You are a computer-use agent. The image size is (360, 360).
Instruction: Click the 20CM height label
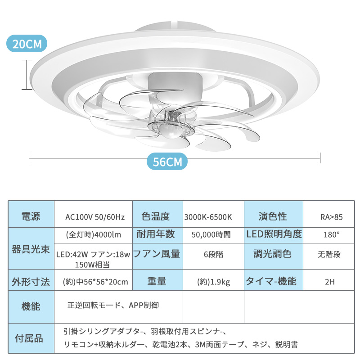tap(27, 44)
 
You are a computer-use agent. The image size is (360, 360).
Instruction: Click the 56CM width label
tap(167, 162)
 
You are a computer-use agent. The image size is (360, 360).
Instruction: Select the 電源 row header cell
tap(31, 217)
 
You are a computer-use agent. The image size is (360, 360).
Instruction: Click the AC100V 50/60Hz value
tap(95, 217)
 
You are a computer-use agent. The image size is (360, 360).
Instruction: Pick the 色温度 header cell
tap(156, 217)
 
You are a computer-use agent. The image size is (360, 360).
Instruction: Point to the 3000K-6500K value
tap(208, 217)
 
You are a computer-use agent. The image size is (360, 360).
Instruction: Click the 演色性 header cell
tap(273, 217)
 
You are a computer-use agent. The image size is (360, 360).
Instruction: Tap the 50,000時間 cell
tap(211, 234)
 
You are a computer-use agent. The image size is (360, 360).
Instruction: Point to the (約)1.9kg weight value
tap(214, 282)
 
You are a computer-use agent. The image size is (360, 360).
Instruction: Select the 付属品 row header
tap(31, 338)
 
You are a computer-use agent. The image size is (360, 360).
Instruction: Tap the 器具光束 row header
tap(31, 248)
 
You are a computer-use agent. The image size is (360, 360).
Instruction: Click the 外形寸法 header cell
tap(31, 282)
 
